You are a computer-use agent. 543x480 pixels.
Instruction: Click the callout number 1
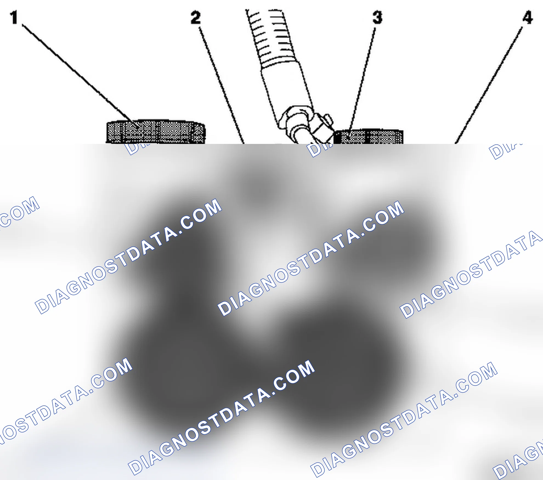(14, 17)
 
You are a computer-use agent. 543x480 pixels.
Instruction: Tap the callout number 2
(196, 18)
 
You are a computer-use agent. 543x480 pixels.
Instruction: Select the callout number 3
(377, 18)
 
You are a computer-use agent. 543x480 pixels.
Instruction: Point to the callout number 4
(527, 18)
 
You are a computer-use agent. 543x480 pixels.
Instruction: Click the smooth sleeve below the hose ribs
(287, 88)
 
